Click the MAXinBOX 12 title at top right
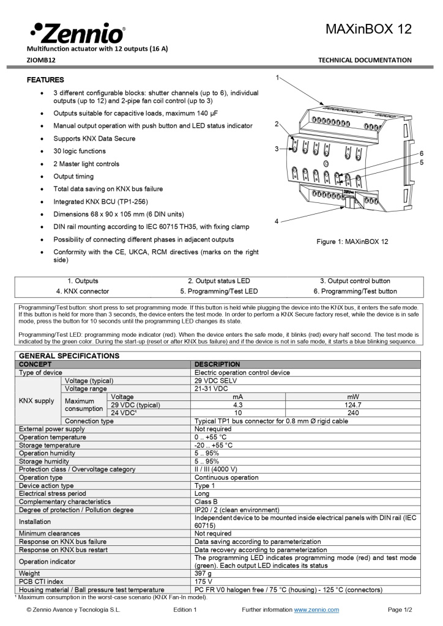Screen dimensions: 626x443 pyautogui.click(x=368, y=29)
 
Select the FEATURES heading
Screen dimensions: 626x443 pyautogui.click(x=45, y=80)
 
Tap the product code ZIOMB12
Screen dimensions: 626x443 pyautogui.click(x=41, y=60)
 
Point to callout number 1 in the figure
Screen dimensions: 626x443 pyautogui.click(x=277, y=78)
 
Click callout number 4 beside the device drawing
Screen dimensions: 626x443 pyautogui.click(x=277, y=221)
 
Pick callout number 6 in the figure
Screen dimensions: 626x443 pyautogui.click(x=422, y=153)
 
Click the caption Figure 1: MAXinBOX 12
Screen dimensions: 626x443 pyautogui.click(x=352, y=242)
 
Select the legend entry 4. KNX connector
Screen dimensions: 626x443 pyautogui.click(x=83, y=291)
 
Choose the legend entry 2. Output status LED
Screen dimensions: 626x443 pyautogui.click(x=218, y=281)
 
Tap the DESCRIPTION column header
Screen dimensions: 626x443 pyautogui.click(x=217, y=364)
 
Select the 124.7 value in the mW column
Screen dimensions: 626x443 pyautogui.click(x=353, y=405)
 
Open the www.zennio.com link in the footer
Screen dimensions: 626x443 pyautogui.click(x=316, y=609)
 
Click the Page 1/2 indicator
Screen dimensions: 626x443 pyautogui.click(x=400, y=609)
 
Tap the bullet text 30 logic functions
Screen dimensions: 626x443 pyautogui.click(x=80, y=151)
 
